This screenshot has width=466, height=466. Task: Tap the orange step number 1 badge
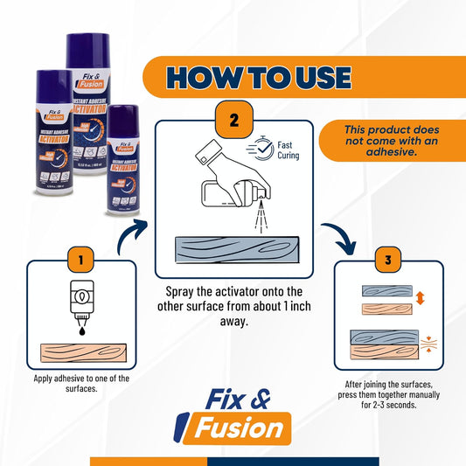tap(80, 260)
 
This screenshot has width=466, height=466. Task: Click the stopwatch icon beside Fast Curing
tap(271, 149)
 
